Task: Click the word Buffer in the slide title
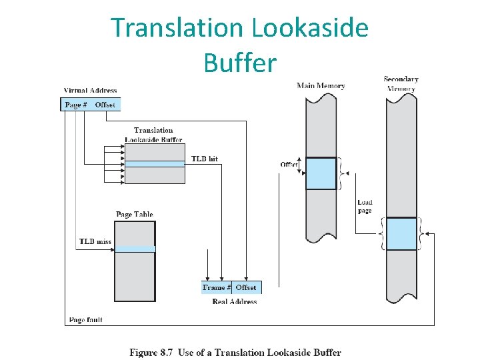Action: (240, 63)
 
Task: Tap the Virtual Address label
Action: (91, 91)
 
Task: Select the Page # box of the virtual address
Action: (77, 105)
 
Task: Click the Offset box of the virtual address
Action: (105, 105)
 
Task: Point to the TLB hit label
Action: (204, 159)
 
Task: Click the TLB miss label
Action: (93, 241)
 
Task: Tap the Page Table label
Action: (134, 214)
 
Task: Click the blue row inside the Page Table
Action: (135, 249)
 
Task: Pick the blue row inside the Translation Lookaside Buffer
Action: (155, 163)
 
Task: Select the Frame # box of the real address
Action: (217, 287)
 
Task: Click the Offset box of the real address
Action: (246, 287)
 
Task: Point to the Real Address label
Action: (234, 301)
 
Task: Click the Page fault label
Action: (86, 320)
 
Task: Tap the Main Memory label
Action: (321, 85)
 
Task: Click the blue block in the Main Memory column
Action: (321, 173)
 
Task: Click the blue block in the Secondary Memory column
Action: (401, 234)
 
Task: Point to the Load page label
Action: (365, 206)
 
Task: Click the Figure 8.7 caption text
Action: (235, 353)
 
